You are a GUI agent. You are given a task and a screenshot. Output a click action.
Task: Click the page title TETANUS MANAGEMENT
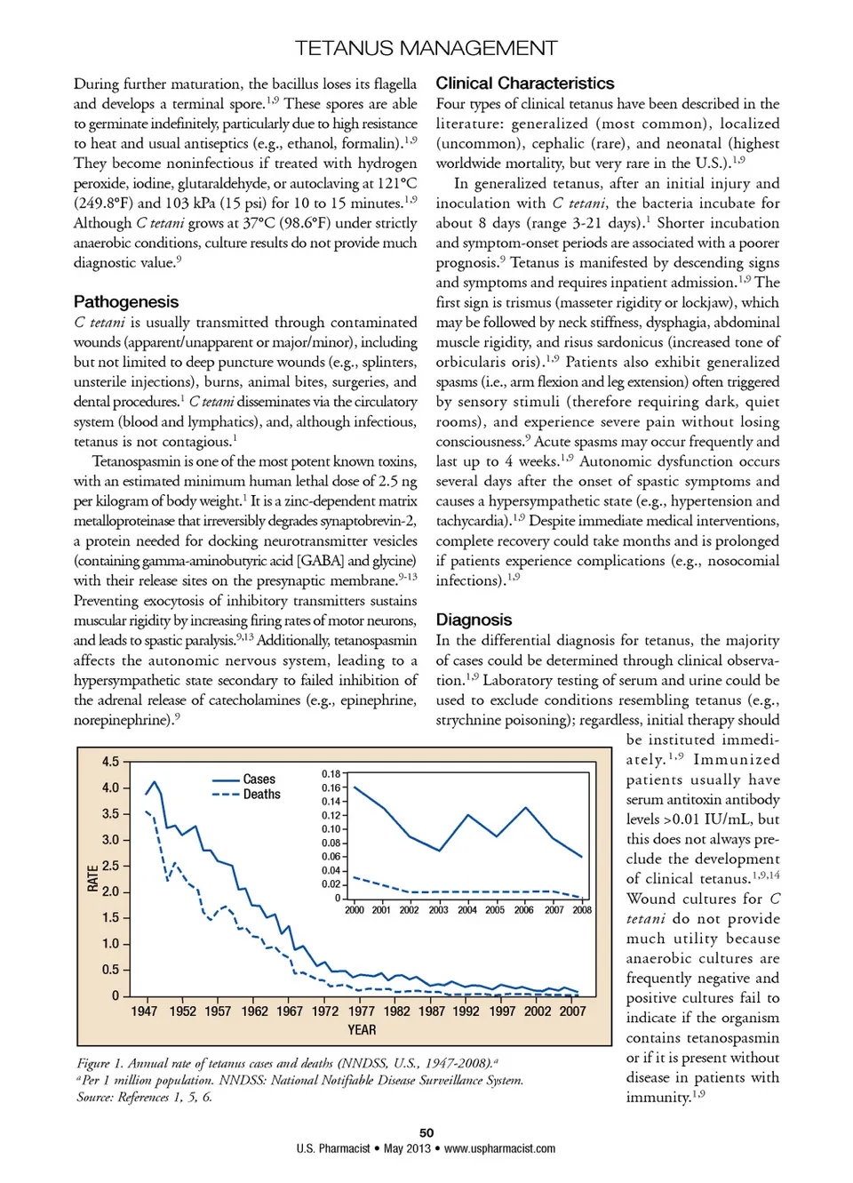click(426, 48)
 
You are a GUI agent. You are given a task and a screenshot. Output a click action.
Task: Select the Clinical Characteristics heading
click(524, 84)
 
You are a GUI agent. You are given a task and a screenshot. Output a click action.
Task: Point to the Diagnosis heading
click(474, 619)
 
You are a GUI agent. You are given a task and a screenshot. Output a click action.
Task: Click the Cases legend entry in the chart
click(259, 779)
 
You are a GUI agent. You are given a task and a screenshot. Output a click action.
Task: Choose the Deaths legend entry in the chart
click(261, 795)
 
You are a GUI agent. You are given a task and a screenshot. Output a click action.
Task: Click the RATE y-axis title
click(93, 878)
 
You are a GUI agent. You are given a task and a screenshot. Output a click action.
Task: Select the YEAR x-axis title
click(362, 1030)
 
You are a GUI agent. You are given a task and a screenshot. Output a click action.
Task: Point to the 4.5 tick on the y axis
click(110, 762)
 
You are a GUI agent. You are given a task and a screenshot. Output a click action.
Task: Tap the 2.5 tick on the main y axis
click(110, 866)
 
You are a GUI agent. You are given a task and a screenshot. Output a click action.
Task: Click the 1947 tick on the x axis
click(144, 1011)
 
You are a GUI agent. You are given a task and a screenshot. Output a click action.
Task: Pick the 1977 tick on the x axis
click(361, 1011)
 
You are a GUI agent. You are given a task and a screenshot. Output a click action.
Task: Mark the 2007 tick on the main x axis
click(572, 1011)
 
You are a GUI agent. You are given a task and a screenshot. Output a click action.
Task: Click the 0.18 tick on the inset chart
click(331, 774)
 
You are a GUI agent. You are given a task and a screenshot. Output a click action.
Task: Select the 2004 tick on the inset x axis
click(467, 910)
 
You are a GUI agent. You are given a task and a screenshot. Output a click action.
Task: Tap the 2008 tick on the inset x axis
click(582, 910)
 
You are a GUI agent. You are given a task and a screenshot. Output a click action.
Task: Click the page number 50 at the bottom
click(426, 1133)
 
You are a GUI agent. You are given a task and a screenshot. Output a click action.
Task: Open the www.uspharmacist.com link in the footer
click(499, 1148)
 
